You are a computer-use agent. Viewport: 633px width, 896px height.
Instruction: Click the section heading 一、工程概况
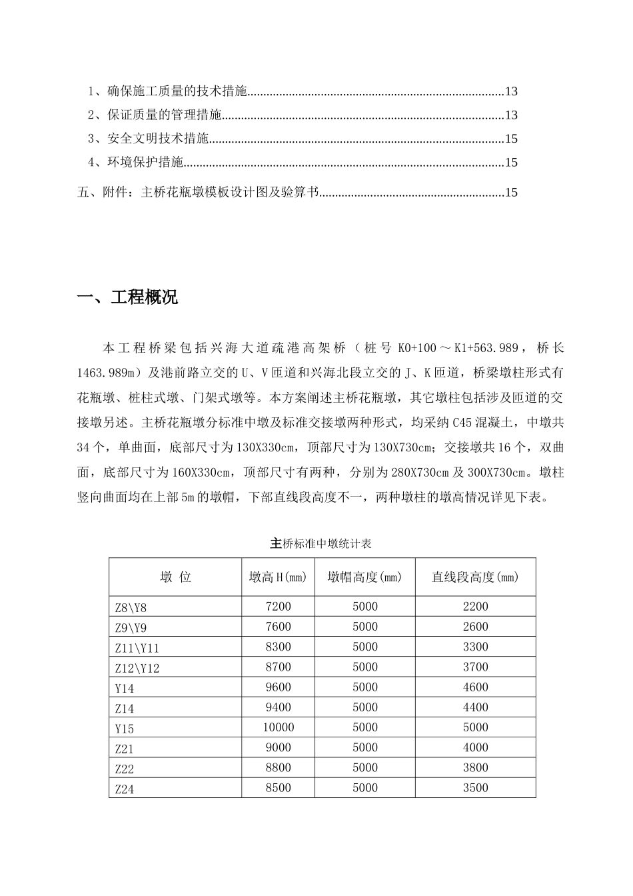(x=128, y=297)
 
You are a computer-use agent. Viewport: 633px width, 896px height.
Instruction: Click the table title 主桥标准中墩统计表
(x=321, y=543)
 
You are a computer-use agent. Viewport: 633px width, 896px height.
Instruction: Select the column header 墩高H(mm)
(x=278, y=577)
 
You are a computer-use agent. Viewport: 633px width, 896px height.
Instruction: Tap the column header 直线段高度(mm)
(x=475, y=577)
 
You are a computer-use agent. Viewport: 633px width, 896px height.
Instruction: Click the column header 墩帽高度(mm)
(x=364, y=577)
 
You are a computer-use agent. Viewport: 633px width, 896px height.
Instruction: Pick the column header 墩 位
(x=175, y=577)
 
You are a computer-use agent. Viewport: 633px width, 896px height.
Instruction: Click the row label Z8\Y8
(x=131, y=608)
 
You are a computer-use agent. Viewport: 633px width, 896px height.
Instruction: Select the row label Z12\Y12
(x=137, y=668)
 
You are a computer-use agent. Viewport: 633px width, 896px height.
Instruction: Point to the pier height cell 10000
(x=278, y=727)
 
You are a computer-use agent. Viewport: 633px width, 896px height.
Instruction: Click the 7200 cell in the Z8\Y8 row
(x=278, y=607)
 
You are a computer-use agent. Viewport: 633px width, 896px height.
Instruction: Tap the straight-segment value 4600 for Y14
(x=475, y=687)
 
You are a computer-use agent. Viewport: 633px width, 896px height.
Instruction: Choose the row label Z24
(x=125, y=789)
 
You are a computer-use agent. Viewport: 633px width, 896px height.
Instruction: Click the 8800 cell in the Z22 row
(x=278, y=767)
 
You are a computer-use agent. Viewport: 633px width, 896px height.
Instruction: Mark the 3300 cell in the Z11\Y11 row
(x=475, y=647)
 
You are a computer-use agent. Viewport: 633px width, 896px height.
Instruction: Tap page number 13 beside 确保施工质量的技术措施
(x=511, y=92)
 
